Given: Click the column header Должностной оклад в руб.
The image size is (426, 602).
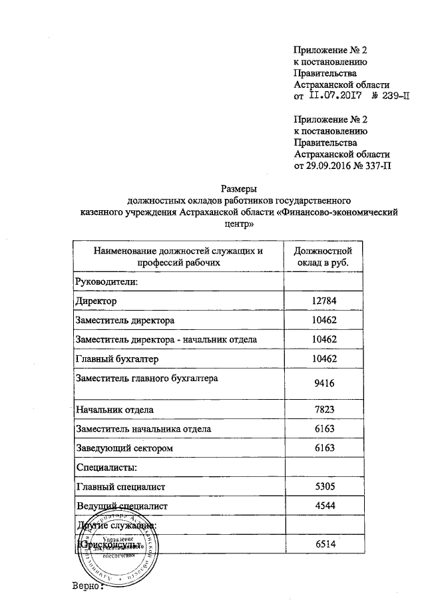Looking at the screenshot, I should [322, 257].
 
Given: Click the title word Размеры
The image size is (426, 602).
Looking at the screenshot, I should [238, 188].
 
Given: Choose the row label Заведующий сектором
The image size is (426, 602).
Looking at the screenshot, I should [124, 449].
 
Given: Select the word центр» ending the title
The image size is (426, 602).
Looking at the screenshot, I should [238, 225].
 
